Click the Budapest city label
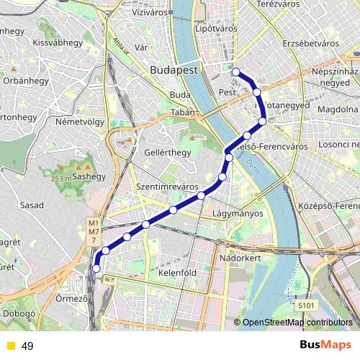(x=175, y=70)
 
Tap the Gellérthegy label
(x=145, y=153)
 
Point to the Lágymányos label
(x=238, y=214)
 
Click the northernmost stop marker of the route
(x=235, y=71)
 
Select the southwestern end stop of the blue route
(x=96, y=269)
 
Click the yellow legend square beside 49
(x=10, y=346)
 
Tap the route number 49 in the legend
(x=28, y=346)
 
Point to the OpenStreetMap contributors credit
(x=295, y=323)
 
